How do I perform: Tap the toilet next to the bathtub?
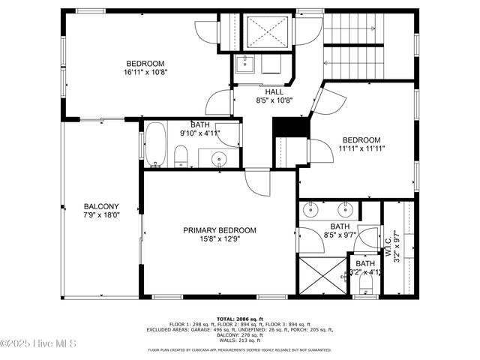[181, 156]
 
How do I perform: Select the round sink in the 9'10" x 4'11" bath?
[219, 158]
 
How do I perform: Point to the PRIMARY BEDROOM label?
[220, 230]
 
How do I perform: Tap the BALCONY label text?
[101, 206]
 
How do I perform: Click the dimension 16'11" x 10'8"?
[145, 73]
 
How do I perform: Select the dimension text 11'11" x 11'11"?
[361, 148]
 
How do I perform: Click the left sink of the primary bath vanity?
[311, 209]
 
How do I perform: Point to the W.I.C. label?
[389, 244]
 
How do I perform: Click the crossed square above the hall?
[268, 31]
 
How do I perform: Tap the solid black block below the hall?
[291, 127]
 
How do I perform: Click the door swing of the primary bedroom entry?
[256, 181]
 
